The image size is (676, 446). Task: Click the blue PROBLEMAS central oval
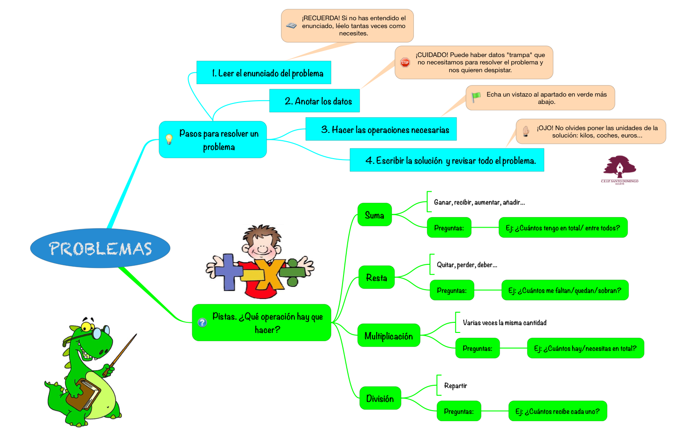pyautogui.click(x=100, y=248)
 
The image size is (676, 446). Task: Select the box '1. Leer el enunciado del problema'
pyautogui.click(x=264, y=73)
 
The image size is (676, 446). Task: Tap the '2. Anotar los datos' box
pyautogui.click(x=315, y=101)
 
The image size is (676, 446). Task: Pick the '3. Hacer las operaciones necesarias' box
pyautogui.click(x=381, y=129)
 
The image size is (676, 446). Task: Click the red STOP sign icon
pyautogui.click(x=405, y=63)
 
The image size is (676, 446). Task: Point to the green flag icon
pyautogui.click(x=476, y=97)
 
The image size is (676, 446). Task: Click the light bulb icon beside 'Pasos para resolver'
pyautogui.click(x=169, y=139)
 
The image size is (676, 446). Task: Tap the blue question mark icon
pyautogui.click(x=202, y=323)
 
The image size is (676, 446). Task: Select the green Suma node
pyautogui.click(x=374, y=215)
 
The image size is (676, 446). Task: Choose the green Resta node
pyautogui.click(x=376, y=277)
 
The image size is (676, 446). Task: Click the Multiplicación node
pyautogui.click(x=389, y=336)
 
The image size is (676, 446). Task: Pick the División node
pyautogui.click(x=380, y=398)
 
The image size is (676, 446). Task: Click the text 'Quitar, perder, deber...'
pyautogui.click(x=467, y=265)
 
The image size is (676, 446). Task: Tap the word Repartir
pyautogui.click(x=455, y=386)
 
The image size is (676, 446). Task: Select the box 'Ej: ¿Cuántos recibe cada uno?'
pyautogui.click(x=557, y=411)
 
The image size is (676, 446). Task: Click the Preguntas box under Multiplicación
pyautogui.click(x=477, y=348)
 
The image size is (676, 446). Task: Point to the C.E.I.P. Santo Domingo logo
pyautogui.click(x=619, y=169)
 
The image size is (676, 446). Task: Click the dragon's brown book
pyautogui.click(x=83, y=394)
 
